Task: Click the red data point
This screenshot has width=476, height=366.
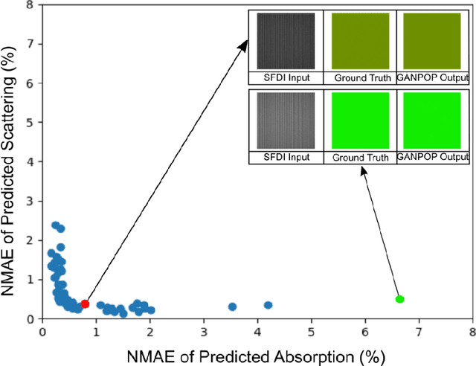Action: (85, 304)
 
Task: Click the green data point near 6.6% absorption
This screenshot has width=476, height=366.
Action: (399, 299)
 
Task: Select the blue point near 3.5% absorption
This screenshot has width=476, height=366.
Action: (232, 306)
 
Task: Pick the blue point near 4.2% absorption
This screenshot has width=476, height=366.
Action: (268, 305)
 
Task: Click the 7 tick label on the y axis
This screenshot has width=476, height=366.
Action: (30, 44)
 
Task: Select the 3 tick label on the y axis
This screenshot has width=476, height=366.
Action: (30, 201)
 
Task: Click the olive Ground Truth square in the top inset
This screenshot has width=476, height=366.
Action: (360, 42)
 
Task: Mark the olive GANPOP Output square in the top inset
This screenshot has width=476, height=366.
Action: (433, 42)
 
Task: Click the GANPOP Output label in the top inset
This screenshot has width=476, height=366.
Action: (433, 77)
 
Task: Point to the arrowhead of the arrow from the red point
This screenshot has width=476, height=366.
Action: (247, 44)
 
